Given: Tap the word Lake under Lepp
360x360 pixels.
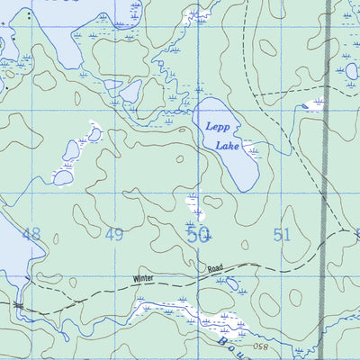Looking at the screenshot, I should [227, 146].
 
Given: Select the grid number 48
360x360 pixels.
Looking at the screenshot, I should [31, 235].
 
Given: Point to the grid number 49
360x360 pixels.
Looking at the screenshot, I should [114, 235].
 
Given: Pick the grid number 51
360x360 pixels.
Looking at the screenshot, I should [283, 235].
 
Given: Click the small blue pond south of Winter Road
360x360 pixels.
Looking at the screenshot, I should [232, 284].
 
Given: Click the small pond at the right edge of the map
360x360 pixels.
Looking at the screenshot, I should [351, 70].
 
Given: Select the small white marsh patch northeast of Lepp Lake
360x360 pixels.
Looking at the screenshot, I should [314, 105].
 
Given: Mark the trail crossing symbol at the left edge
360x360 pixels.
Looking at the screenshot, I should [17, 306].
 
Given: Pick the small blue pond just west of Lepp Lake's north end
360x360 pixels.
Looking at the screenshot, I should [130, 92].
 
